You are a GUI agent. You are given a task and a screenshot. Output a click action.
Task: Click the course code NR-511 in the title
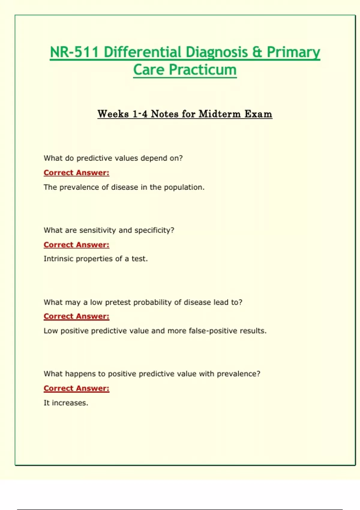click(x=74, y=52)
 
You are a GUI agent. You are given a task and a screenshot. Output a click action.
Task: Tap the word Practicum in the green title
click(x=203, y=70)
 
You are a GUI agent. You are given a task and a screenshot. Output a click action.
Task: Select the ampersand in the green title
click(x=257, y=52)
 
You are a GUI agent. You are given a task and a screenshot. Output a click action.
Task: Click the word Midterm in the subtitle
click(x=220, y=114)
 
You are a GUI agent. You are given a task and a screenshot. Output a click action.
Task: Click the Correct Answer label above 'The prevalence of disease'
click(x=76, y=173)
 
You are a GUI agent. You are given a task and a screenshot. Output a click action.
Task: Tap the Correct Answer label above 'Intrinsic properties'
click(x=76, y=245)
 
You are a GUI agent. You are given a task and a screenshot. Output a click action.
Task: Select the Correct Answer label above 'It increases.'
click(x=76, y=388)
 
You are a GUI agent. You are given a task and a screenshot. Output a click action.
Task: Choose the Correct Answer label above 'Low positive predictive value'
click(x=76, y=316)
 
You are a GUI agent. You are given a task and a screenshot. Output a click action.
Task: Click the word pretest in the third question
click(x=118, y=302)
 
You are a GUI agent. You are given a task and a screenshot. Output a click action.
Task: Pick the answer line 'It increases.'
click(x=66, y=403)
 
